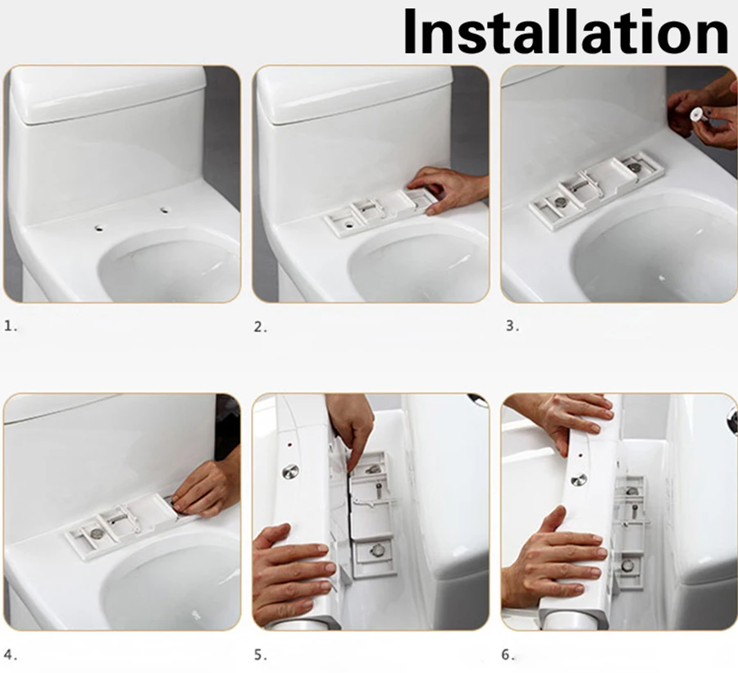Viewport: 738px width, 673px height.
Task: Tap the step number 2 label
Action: [260, 326]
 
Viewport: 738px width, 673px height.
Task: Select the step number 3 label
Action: [512, 325]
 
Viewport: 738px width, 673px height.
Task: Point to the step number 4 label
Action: [11, 655]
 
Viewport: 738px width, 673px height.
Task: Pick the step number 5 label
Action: [260, 655]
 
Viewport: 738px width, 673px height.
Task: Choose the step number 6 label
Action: [508, 655]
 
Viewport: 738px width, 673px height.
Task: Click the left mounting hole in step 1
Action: [99, 228]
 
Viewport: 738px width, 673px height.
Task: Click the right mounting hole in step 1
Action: [164, 211]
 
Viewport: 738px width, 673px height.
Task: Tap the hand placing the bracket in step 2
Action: [447, 189]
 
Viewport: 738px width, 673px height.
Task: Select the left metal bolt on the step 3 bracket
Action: [560, 202]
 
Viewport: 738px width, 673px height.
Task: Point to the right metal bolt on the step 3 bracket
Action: [634, 166]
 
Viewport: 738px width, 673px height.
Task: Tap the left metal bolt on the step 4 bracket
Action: [97, 533]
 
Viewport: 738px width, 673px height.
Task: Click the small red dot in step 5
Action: [289, 444]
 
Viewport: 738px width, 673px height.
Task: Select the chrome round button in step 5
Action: [291, 471]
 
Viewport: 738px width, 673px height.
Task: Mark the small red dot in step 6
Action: [580, 456]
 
